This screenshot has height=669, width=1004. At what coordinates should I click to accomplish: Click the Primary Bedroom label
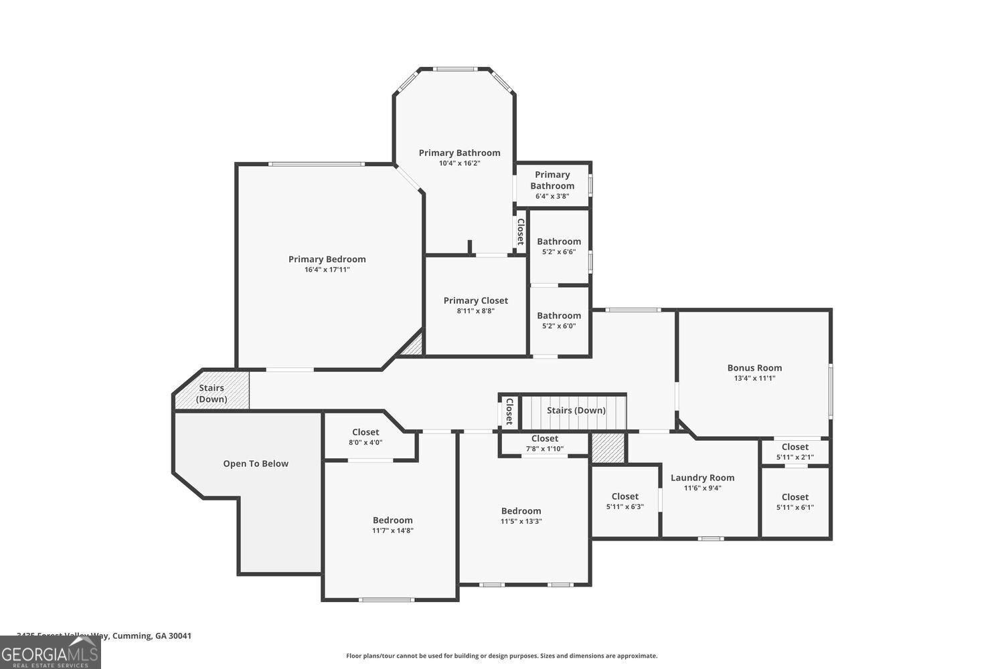click(x=327, y=260)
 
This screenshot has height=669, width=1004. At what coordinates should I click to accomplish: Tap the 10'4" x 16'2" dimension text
click(x=459, y=163)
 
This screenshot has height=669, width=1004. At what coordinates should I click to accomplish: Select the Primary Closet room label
click(x=475, y=301)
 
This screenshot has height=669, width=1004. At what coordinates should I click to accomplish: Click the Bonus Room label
click(x=754, y=368)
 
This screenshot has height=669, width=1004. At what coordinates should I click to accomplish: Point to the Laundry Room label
click(x=702, y=478)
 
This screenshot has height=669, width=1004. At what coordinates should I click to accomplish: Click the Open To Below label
click(x=256, y=464)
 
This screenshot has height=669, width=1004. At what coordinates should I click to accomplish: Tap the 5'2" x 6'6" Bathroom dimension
click(x=558, y=252)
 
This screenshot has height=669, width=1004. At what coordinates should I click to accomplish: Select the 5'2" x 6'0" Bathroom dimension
click(x=558, y=326)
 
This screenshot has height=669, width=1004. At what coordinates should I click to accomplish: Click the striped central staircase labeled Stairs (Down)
click(x=575, y=411)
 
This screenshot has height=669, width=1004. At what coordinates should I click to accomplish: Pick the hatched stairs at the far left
click(x=212, y=393)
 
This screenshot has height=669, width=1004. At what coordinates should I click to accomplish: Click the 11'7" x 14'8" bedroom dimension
click(x=392, y=531)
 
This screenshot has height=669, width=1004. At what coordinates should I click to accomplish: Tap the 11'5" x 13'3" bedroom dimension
click(x=521, y=521)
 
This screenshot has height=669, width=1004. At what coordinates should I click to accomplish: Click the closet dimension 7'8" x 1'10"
click(x=544, y=449)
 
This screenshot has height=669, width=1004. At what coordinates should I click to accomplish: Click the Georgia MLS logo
click(x=50, y=653)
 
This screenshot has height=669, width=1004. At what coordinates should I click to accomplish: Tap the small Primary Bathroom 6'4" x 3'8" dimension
click(x=552, y=196)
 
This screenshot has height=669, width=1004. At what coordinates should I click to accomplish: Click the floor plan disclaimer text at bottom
click(x=501, y=656)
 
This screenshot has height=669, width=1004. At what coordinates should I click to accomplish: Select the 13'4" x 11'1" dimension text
click(x=754, y=378)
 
